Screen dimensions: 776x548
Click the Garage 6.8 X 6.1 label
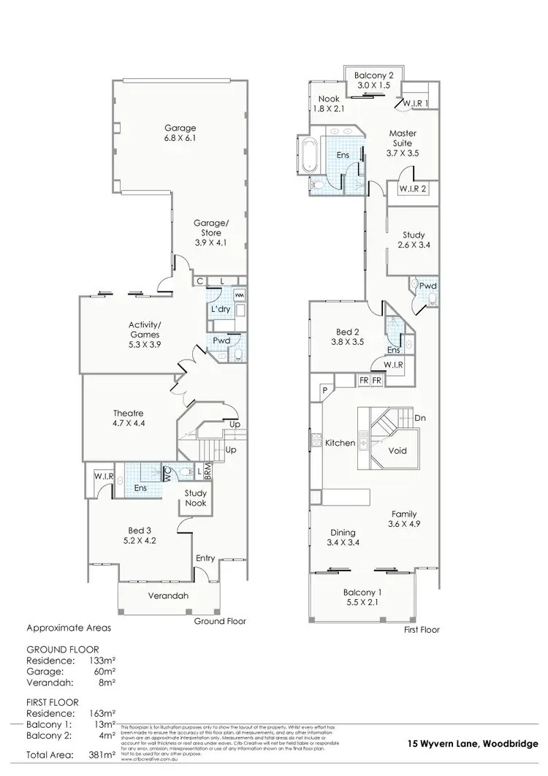coord(180,132)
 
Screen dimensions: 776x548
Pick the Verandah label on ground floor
coord(168,596)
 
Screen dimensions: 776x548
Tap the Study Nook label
coord(195,498)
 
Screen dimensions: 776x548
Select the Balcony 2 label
coord(373,80)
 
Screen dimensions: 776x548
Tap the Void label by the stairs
coord(397,450)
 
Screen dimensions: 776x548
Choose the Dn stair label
coord(420,419)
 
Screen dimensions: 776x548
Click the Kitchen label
coord(340,443)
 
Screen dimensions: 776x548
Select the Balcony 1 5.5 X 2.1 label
coord(362,597)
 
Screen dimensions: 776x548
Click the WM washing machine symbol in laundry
coord(240,294)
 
